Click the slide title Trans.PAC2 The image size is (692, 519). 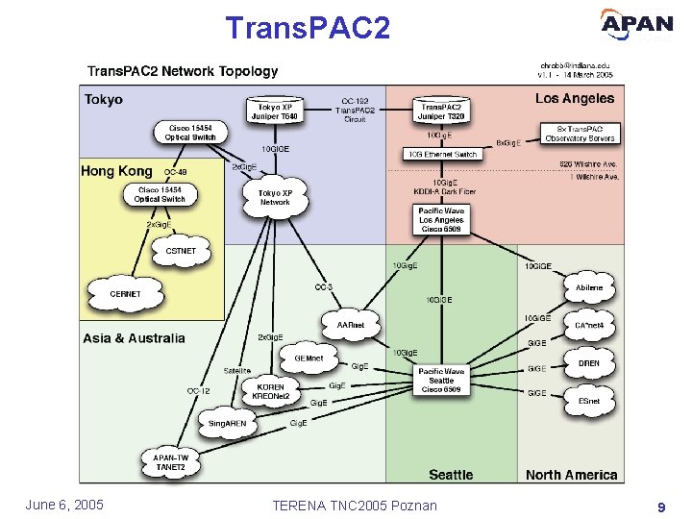pos(308,27)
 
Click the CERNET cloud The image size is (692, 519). pos(125,293)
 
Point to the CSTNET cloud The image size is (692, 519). pos(181,251)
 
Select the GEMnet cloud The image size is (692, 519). pos(309,358)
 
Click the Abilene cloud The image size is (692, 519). pos(589,285)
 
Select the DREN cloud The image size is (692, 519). pos(589,363)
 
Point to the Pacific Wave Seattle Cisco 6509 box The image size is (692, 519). pos(441,381)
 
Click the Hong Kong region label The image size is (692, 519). pos(116,171)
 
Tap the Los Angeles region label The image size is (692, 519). pos(575,98)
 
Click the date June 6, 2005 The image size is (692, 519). pos(65,506)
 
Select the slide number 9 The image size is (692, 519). pos(661,506)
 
